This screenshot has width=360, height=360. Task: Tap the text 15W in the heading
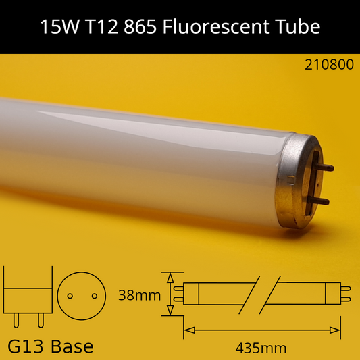click(x=59, y=26)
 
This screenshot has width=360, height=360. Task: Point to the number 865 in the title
click(x=140, y=26)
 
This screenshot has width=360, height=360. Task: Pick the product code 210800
click(x=329, y=65)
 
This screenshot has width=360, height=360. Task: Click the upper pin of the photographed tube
click(x=324, y=167)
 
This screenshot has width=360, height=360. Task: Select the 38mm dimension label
click(x=139, y=295)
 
